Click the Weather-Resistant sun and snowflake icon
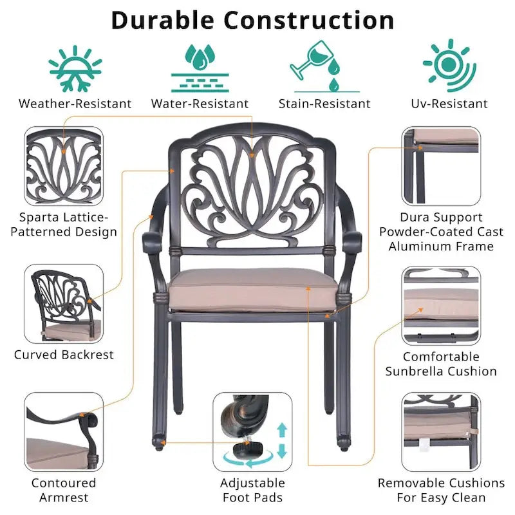pyautogui.click(x=75, y=69)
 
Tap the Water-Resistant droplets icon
pyautogui.click(x=200, y=68)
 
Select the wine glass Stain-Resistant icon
pyautogui.click(x=324, y=66)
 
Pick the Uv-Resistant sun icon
pyautogui.click(x=449, y=66)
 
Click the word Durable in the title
pyautogui.click(x=163, y=21)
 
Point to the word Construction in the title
pyautogui.click(x=309, y=21)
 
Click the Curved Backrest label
pyautogui.click(x=64, y=355)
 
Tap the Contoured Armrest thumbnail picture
pyautogui.click(x=64, y=432)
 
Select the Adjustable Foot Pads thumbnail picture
pyautogui.click(x=252, y=432)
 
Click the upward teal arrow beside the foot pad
pyautogui.click(x=282, y=430)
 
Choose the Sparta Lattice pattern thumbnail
pyautogui.click(x=64, y=166)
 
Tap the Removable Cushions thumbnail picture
pyautogui.click(x=441, y=432)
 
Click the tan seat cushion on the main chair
pyautogui.click(x=253, y=290)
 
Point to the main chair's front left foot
pyautogui.click(x=158, y=443)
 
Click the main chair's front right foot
pyautogui.click(x=344, y=444)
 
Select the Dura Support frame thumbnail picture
pyautogui.click(x=441, y=166)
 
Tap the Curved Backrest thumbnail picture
pyautogui.click(x=64, y=303)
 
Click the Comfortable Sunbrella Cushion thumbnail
pyautogui.click(x=441, y=305)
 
